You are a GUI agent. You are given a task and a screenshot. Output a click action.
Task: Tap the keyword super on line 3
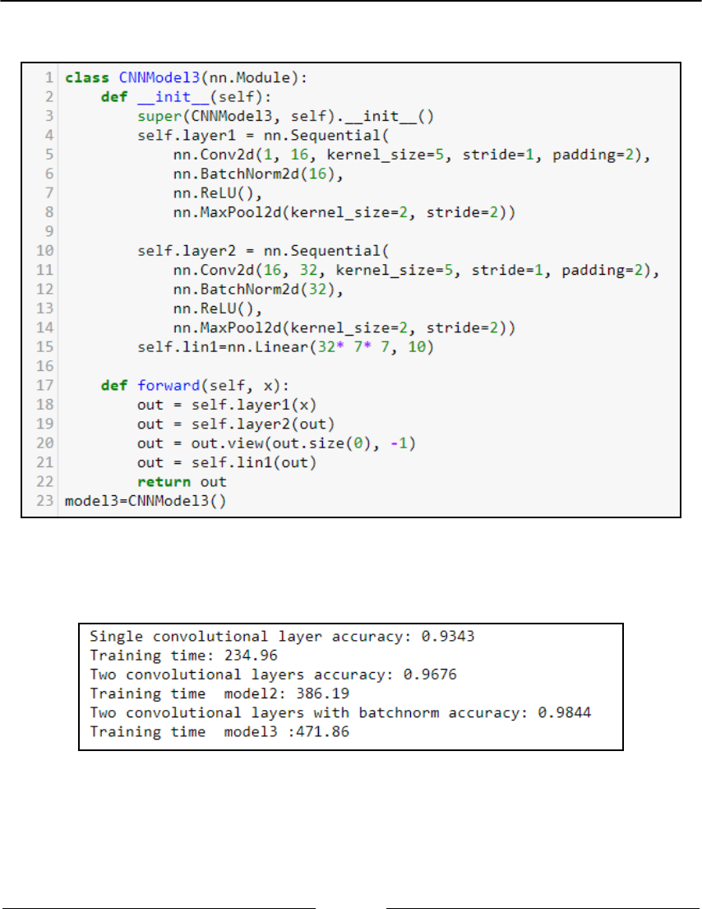(155, 116)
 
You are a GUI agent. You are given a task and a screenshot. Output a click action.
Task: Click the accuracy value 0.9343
(451, 636)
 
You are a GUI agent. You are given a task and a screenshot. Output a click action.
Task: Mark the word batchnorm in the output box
(357, 712)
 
